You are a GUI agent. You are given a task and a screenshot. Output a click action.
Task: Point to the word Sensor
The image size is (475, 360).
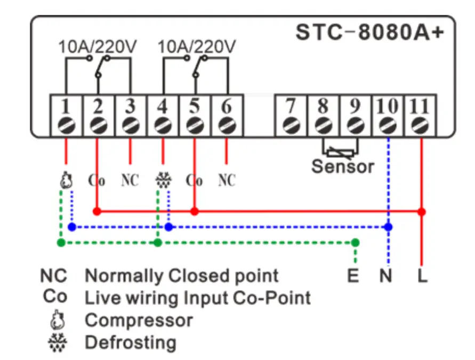(343, 166)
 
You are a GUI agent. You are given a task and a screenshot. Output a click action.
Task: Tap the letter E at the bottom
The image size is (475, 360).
(353, 276)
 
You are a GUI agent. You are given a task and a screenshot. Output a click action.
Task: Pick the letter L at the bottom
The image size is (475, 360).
(422, 276)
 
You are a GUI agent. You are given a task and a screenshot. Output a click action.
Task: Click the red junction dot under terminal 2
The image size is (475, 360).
(97, 212)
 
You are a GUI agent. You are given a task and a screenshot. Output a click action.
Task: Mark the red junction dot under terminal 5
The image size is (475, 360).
(195, 212)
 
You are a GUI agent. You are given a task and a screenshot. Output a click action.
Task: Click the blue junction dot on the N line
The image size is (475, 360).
(389, 227)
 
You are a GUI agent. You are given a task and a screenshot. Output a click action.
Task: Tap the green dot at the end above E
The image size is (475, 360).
(356, 243)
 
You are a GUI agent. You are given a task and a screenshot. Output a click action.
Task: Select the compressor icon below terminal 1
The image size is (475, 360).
(65, 180)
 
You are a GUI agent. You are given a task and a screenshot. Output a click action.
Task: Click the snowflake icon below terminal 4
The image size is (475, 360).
(162, 180)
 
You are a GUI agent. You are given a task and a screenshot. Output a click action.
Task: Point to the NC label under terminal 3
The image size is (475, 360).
(130, 180)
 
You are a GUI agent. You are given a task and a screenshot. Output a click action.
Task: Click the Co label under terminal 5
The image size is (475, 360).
(195, 180)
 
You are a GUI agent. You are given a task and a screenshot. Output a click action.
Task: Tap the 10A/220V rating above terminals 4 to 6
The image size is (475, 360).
(197, 47)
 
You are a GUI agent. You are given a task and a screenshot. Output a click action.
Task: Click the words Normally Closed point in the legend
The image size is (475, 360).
(182, 276)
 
